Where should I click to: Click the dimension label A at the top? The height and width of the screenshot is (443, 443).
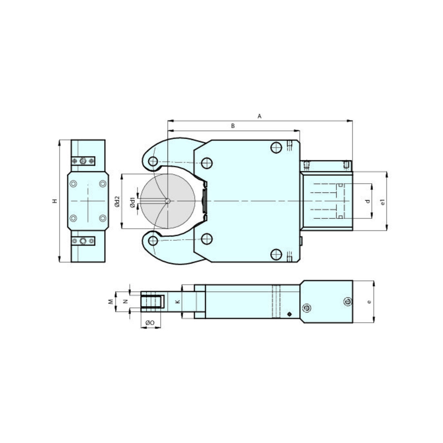click(x=260, y=116)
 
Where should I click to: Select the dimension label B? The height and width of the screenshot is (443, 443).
click(x=233, y=126)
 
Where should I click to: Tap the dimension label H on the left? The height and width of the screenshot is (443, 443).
click(x=55, y=201)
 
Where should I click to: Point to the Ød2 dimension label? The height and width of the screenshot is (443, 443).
click(x=118, y=201)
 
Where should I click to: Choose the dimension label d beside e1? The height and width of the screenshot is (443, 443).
click(x=367, y=201)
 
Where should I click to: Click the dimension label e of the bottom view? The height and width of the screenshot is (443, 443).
click(x=369, y=302)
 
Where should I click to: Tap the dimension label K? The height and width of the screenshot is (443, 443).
click(x=178, y=302)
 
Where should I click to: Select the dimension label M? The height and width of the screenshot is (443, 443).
click(x=111, y=302)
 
